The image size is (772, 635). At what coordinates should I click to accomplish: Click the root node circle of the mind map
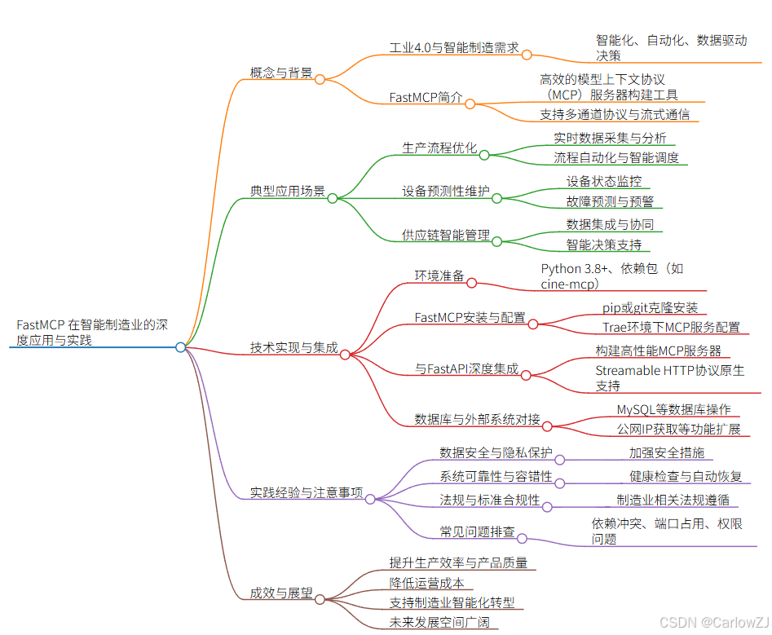click(x=180, y=347)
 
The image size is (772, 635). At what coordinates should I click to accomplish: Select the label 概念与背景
click(x=280, y=73)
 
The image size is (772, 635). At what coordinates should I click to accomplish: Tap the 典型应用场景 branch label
click(x=287, y=192)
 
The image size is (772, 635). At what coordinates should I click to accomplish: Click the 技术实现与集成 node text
click(x=293, y=347)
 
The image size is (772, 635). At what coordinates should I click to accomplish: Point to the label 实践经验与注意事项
click(x=306, y=492)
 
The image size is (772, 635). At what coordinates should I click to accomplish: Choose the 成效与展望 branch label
click(x=280, y=593)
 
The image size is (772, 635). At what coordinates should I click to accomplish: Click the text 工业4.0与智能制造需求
click(x=454, y=47)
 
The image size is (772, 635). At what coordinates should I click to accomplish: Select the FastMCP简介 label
click(x=426, y=98)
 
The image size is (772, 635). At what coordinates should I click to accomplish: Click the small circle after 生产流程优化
click(x=483, y=154)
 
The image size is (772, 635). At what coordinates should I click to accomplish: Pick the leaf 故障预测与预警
click(x=610, y=201)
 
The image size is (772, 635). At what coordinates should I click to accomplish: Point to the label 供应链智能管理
click(x=445, y=235)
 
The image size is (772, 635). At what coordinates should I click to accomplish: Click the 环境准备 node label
click(x=439, y=276)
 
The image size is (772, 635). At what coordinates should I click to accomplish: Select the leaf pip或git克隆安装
click(x=650, y=307)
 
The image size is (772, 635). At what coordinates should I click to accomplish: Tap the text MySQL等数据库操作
click(x=673, y=409)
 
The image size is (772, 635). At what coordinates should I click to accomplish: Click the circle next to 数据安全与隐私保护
click(x=560, y=459)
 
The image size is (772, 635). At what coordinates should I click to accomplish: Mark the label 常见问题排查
click(x=477, y=531)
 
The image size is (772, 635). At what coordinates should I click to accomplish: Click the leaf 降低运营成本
click(x=426, y=583)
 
